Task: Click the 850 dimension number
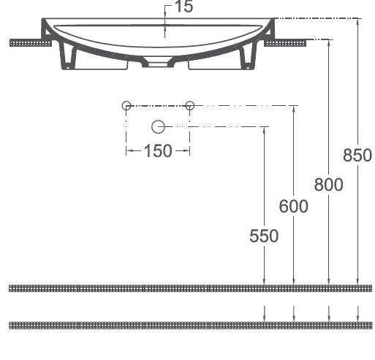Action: coord(357,155)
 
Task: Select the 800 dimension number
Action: coord(329,185)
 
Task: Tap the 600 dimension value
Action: coord(293,207)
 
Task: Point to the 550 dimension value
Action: coord(264,236)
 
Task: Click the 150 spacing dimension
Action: coord(158,151)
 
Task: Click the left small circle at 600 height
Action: coord(126,106)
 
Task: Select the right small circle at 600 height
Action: coord(190,106)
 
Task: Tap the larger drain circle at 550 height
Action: coord(158,127)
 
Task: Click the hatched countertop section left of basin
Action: coord(29,43)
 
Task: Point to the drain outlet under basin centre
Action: coord(158,63)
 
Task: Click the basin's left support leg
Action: coord(70,57)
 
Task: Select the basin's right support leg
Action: coord(246,57)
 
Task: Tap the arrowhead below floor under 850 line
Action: coord(358,317)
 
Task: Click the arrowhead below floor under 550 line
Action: coord(265,317)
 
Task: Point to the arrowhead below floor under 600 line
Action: coord(294,317)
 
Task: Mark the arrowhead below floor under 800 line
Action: coord(330,317)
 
